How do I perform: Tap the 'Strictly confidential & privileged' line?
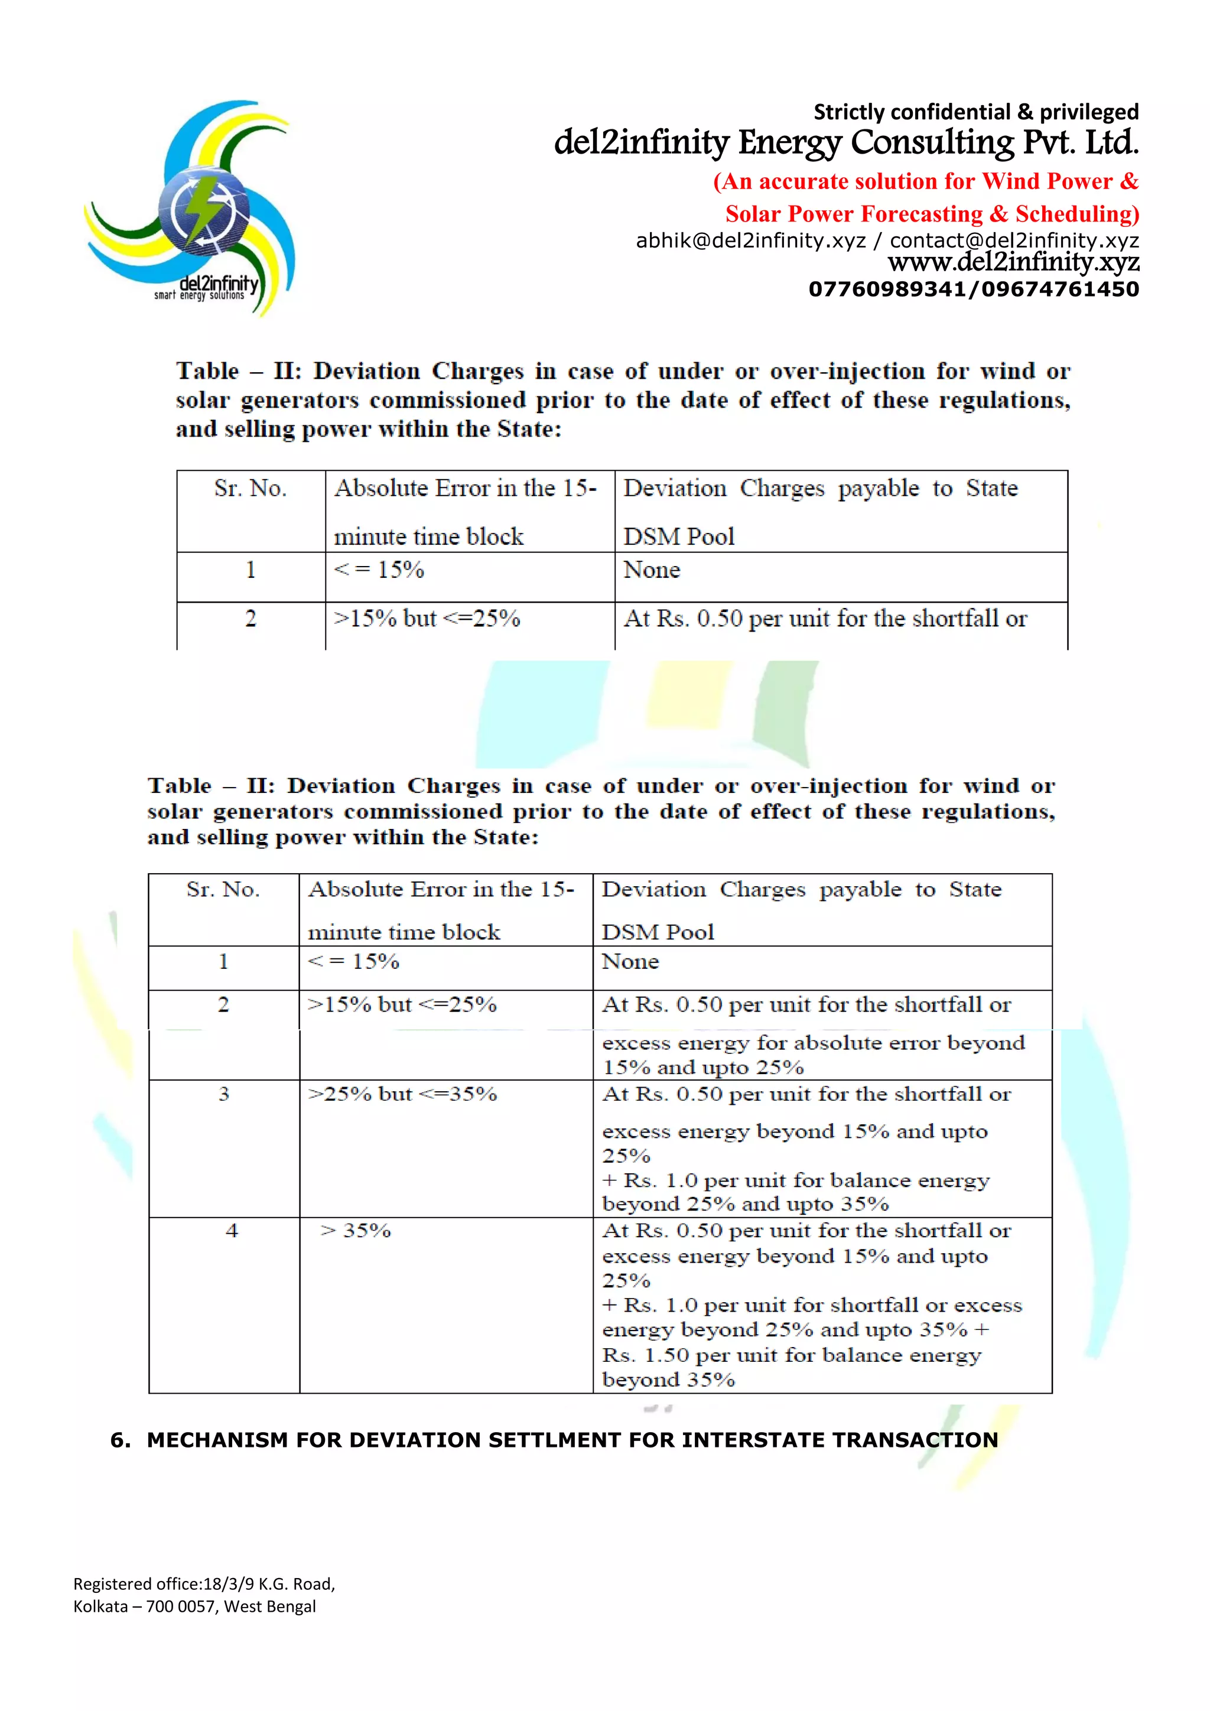click(975, 112)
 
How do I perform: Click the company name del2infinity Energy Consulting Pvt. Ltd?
click(845, 142)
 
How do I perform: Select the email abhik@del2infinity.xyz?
click(750, 240)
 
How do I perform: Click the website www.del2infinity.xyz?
click(1013, 262)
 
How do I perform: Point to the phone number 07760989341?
click(885, 289)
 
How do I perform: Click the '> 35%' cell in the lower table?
click(356, 1230)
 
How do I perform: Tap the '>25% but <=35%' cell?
click(402, 1094)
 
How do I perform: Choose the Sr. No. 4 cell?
click(232, 1230)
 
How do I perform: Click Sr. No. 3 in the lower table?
click(223, 1094)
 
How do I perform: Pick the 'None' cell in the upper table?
click(652, 570)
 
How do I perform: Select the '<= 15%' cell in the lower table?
click(354, 961)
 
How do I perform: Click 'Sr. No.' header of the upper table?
click(251, 488)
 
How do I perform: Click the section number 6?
click(120, 1440)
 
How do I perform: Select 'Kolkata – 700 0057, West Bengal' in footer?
click(194, 1606)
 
